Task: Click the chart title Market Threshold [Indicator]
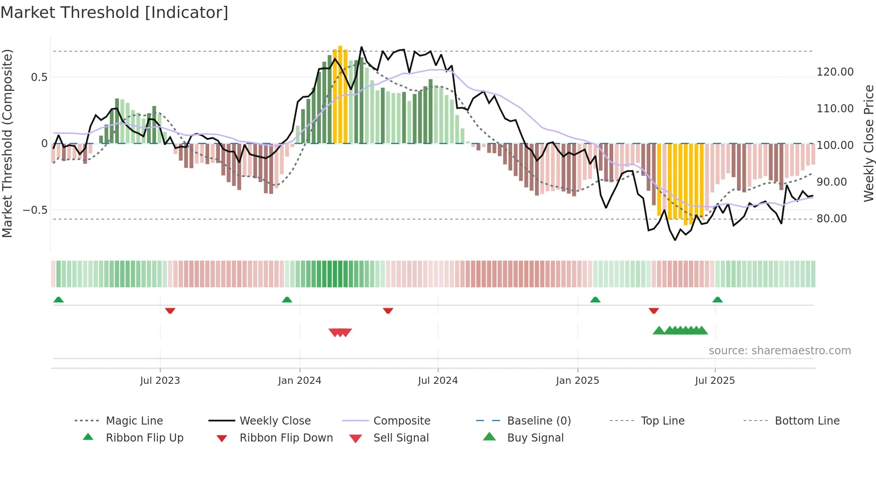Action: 114,13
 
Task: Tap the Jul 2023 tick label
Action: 160,380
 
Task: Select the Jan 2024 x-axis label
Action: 299,380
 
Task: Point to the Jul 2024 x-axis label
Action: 438,380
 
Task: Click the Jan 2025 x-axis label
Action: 577,380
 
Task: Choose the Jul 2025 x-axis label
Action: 715,380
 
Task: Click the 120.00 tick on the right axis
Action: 835,72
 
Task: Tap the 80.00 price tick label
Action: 831,219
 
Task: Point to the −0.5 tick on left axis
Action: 35,210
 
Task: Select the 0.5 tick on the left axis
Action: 39,77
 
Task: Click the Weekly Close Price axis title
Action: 868,143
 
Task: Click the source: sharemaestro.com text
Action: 779,351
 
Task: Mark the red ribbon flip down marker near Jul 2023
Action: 170,310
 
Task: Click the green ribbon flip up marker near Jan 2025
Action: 595,300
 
